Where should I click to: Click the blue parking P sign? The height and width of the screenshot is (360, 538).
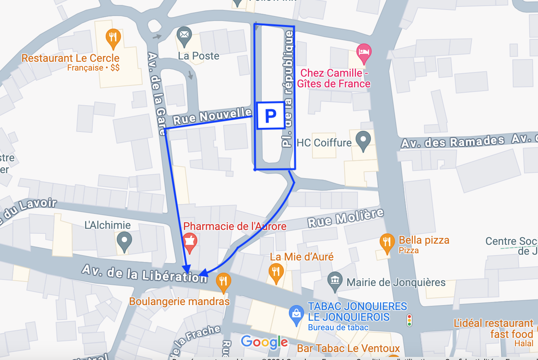coord(271,115)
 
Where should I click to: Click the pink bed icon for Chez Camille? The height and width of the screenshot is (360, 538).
coord(364,52)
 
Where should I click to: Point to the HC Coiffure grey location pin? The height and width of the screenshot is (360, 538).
coord(363,140)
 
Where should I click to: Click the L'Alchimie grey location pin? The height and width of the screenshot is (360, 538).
coord(124,241)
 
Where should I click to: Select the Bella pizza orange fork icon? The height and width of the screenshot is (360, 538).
coord(387,242)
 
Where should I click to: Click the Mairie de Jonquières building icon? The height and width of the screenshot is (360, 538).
coord(335,281)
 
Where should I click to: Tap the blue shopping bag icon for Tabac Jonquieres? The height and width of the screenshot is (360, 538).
coord(296,314)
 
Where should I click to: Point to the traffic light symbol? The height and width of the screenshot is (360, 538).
coord(409,320)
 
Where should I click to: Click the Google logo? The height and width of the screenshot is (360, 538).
coord(264,342)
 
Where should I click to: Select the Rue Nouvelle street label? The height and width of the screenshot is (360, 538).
coord(212,116)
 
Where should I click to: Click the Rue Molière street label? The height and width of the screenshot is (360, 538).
coord(345,218)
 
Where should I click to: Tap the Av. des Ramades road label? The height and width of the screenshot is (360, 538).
coord(453,142)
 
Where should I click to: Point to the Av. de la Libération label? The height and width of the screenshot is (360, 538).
coord(145,273)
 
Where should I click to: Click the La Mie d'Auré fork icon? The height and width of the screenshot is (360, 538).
coord(275,272)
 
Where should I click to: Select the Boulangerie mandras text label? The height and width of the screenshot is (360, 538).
coord(179,302)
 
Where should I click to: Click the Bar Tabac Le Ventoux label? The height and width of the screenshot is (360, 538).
coord(348,349)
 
